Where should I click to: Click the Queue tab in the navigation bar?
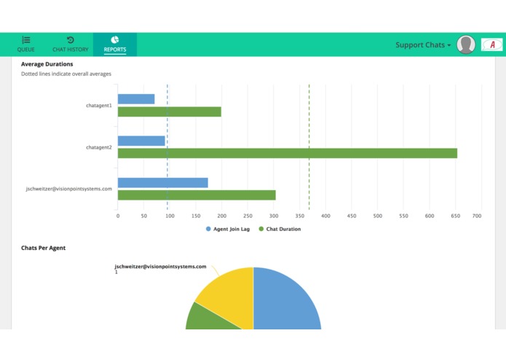(x=26, y=44)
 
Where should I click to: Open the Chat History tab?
(x=70, y=44)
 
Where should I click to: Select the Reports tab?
(x=115, y=44)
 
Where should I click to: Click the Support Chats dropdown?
(x=423, y=45)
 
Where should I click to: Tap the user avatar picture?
(x=466, y=45)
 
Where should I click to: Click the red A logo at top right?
(x=492, y=45)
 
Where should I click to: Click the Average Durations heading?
(x=47, y=64)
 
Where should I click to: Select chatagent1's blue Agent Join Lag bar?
(x=136, y=99)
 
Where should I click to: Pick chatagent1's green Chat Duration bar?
(x=169, y=111)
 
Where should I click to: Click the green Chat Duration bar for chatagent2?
(x=287, y=153)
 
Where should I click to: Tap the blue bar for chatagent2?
(x=141, y=141)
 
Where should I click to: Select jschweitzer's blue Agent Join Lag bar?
(x=162, y=182)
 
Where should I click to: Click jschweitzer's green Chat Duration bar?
(x=197, y=195)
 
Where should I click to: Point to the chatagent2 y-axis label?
(x=99, y=147)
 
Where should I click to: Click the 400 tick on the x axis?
(x=325, y=216)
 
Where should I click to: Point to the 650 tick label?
(x=455, y=216)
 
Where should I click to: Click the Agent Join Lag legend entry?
(x=228, y=229)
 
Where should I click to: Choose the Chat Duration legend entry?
(x=280, y=229)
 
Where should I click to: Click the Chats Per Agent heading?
(x=43, y=248)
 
